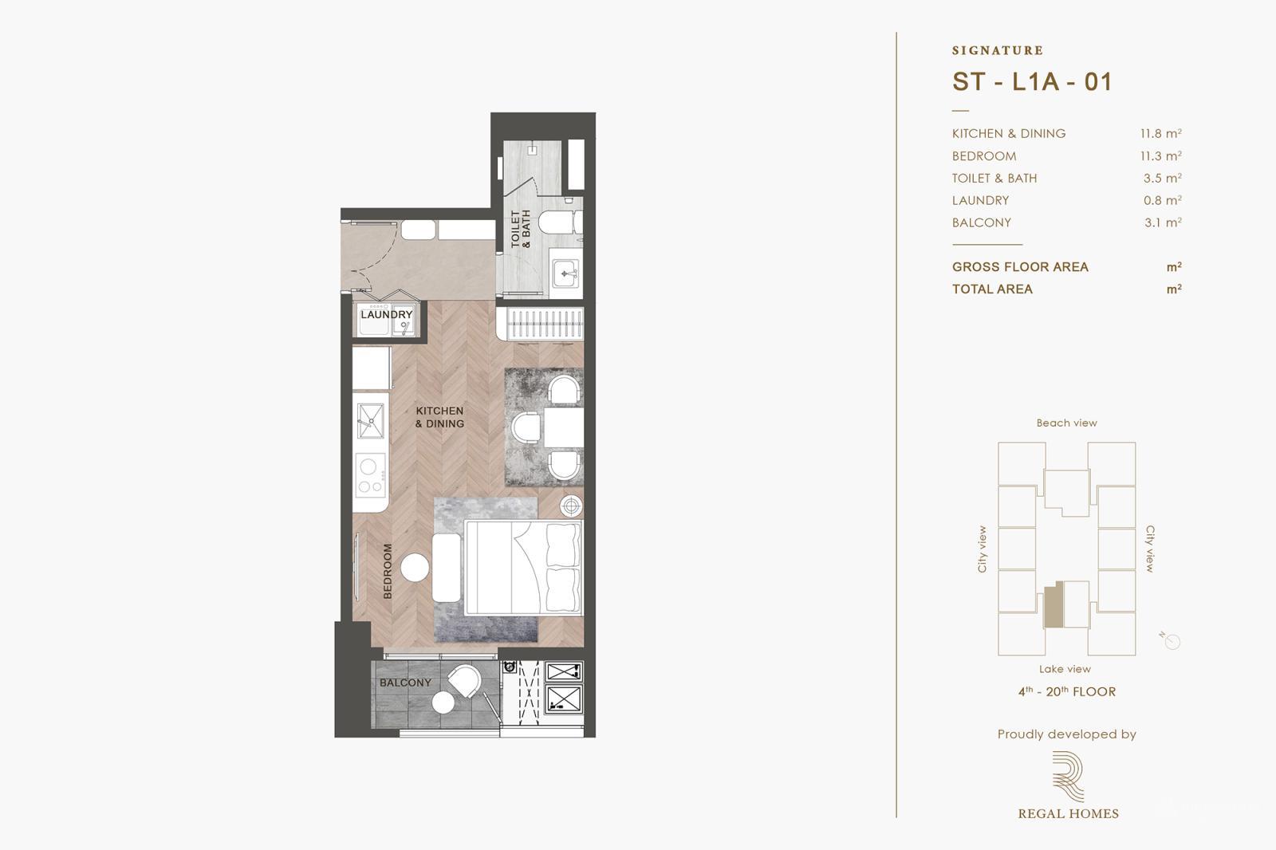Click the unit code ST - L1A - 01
pyautogui.click(x=1031, y=81)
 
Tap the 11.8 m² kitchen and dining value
pyautogui.click(x=1161, y=134)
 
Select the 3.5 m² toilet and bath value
pyautogui.click(x=1162, y=179)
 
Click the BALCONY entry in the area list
pyautogui.click(x=981, y=223)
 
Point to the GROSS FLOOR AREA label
pyautogui.click(x=1019, y=267)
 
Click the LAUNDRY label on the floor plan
pyautogui.click(x=386, y=314)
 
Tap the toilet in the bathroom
pyautogui.click(x=559, y=222)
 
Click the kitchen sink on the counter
pyautogui.click(x=370, y=420)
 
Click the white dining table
pyautogui.click(x=565, y=427)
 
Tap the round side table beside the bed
pyautogui.click(x=571, y=505)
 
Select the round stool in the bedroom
pyautogui.click(x=415, y=568)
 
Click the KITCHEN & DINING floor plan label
pyautogui.click(x=439, y=417)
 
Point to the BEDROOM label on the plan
pyautogui.click(x=388, y=571)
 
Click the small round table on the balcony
pyautogui.click(x=443, y=702)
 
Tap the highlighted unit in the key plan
pyautogui.click(x=1053, y=604)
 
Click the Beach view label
pyautogui.click(x=1066, y=423)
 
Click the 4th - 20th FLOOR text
pyautogui.click(x=1066, y=692)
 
